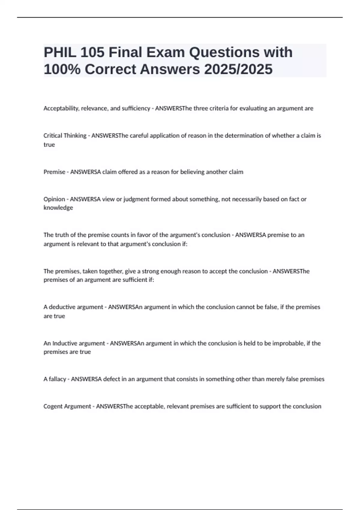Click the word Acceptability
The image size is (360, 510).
[61, 108]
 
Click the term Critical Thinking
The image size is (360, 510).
[65, 136]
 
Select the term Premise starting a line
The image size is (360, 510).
[54, 172]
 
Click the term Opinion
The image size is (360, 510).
[54, 199]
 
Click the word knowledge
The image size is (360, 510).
[58, 208]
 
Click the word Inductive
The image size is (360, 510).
[64, 343]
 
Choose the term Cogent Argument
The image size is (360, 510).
[67, 406]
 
